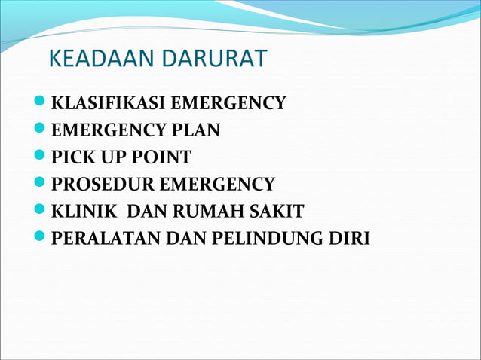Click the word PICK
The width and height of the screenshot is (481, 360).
click(x=71, y=157)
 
